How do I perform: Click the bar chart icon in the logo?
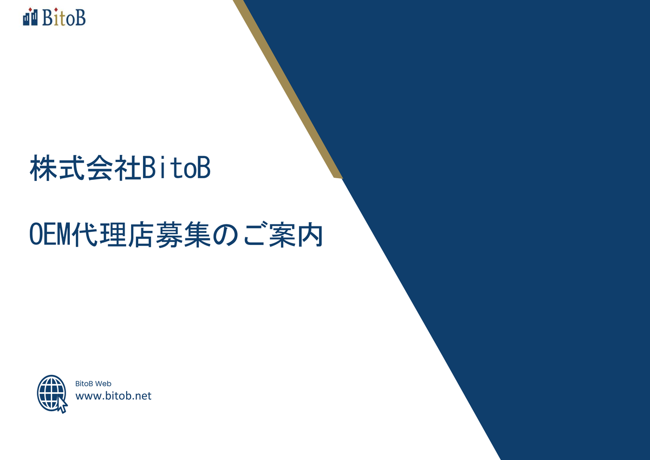pos(30,17)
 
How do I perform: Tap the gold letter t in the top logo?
pos(62,19)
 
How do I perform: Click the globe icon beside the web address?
pos(52,394)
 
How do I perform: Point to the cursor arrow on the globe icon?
pos(62,404)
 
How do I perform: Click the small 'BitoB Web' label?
pos(93,384)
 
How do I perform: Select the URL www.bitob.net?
pos(113,396)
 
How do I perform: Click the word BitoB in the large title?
pos(176,168)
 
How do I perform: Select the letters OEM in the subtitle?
pos(50,235)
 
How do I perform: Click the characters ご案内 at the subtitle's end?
pos(283,235)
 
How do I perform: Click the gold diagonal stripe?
pos(287,88)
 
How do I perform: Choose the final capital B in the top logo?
pos(80,18)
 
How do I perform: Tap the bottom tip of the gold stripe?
pos(339,178)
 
